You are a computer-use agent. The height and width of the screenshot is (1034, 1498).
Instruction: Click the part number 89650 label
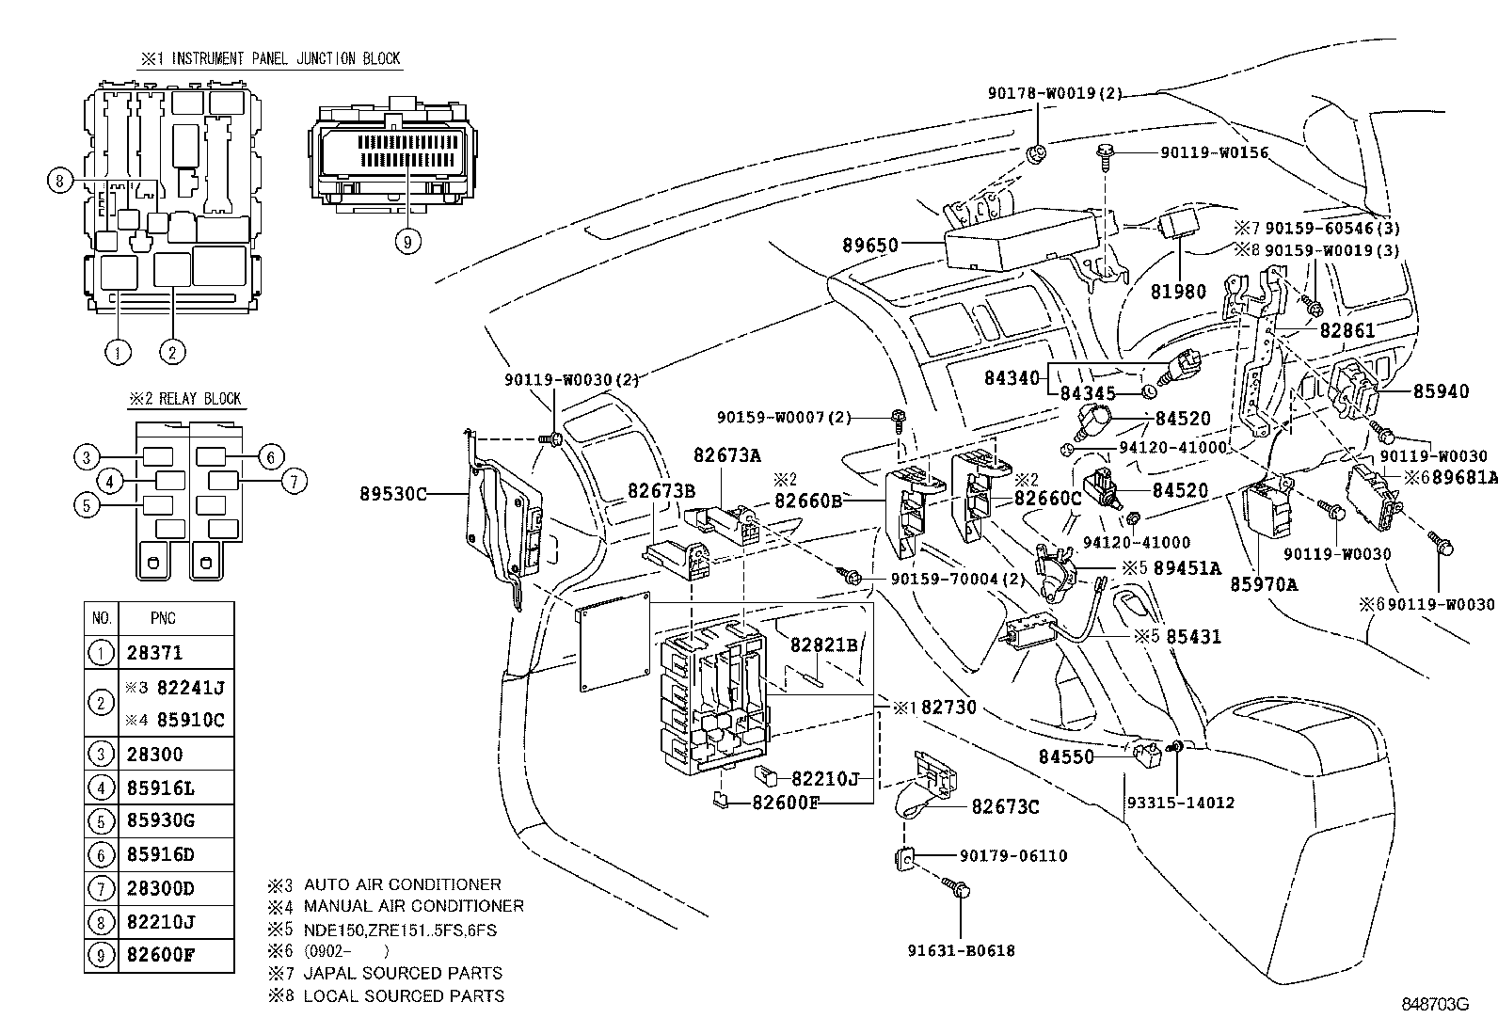point(870,246)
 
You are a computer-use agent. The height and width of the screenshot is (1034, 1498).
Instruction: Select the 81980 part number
point(1177,292)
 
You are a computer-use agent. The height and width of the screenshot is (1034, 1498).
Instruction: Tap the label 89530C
point(393,492)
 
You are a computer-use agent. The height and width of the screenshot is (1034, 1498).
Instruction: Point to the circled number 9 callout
point(406,242)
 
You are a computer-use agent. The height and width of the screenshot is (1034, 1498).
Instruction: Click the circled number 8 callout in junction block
point(59,180)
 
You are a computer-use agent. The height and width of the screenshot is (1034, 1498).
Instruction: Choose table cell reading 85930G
point(160,820)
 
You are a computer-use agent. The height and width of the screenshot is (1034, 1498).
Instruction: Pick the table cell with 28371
point(154,653)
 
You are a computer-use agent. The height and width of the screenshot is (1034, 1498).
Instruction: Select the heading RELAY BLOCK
point(185,399)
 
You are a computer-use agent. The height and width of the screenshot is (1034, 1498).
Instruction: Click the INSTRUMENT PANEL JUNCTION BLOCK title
point(271,58)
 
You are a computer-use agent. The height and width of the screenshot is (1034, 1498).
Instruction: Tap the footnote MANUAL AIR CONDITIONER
point(413,906)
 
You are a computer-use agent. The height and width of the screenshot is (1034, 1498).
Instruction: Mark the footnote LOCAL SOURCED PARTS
point(403,995)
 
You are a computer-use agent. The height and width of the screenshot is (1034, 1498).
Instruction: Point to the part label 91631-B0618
point(961,951)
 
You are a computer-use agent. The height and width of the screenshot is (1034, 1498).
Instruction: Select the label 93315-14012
point(1180,803)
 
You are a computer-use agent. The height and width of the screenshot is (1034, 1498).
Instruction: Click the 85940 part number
point(1440,391)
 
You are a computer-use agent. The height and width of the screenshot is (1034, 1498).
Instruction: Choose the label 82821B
point(823,644)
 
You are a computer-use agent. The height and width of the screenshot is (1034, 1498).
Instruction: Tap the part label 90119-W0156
point(1213,152)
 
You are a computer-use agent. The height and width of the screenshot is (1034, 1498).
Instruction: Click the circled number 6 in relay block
point(270,458)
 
